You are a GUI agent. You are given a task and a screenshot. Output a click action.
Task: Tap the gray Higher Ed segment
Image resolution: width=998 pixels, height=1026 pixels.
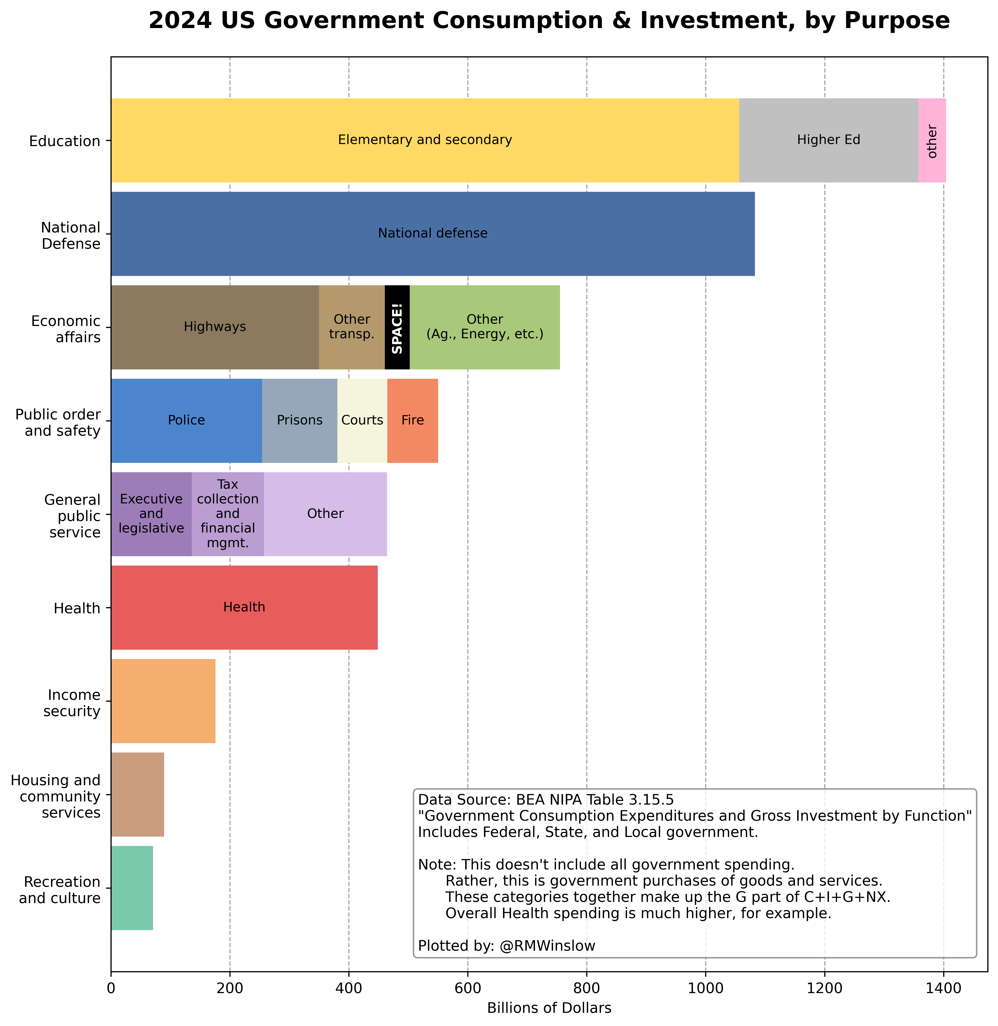coord(828,140)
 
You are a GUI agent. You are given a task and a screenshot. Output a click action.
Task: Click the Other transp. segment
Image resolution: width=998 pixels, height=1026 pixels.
coord(352,328)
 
